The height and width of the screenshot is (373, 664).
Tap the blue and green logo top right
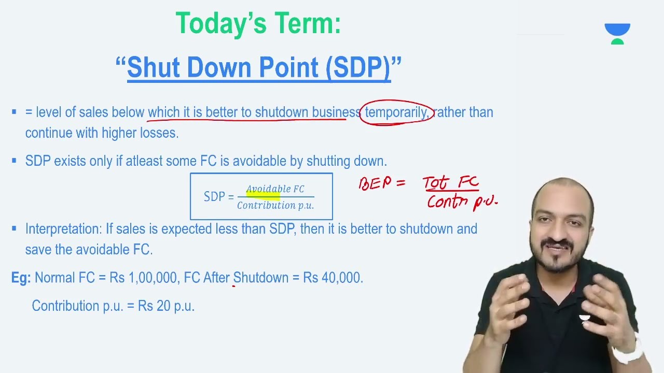point(617,34)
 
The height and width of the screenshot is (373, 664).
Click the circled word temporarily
point(396,112)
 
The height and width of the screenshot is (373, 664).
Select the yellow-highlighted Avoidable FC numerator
point(275,190)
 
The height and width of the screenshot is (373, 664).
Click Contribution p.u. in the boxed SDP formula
point(275,206)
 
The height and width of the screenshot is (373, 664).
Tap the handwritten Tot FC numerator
point(450,183)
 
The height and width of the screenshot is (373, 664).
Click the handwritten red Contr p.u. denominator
point(462,202)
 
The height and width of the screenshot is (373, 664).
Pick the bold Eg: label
point(21,278)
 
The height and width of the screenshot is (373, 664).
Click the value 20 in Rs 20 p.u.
point(163,306)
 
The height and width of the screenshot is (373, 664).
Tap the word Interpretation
point(63,229)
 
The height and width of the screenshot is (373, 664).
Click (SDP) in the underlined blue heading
point(358,68)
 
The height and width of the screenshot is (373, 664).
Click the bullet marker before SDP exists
point(14,162)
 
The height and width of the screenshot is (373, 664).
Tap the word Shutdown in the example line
point(260,278)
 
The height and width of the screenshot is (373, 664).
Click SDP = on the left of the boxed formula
point(218,197)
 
